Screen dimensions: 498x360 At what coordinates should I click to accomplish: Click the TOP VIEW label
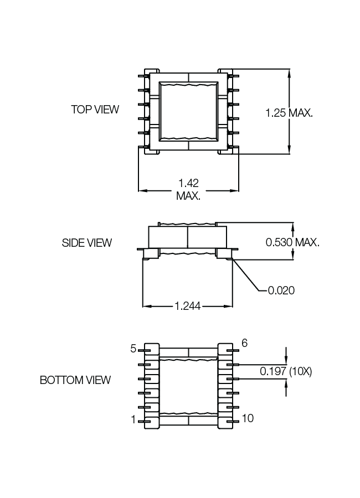click(x=95, y=109)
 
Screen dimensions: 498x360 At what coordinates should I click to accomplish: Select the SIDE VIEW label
click(x=87, y=242)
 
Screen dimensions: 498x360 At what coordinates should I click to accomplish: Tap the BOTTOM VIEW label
click(x=75, y=380)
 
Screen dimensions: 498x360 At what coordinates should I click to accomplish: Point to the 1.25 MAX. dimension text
click(x=289, y=113)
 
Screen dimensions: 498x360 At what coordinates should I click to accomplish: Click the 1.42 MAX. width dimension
click(x=188, y=189)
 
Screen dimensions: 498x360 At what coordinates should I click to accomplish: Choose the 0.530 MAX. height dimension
click(x=292, y=242)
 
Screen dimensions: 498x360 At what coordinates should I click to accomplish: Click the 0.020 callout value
click(x=281, y=290)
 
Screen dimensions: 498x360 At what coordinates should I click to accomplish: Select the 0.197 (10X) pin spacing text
click(x=286, y=372)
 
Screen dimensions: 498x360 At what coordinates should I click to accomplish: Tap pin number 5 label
click(x=133, y=349)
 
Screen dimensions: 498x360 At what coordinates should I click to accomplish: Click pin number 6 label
click(x=244, y=344)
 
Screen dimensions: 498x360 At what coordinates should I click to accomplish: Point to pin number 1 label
click(x=133, y=420)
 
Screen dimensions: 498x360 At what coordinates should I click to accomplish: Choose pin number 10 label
click(x=248, y=418)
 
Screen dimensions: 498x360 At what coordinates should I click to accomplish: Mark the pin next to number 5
click(x=143, y=350)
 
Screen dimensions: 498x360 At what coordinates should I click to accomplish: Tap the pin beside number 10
click(x=234, y=422)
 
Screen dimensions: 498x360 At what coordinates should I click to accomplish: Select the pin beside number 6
click(x=234, y=350)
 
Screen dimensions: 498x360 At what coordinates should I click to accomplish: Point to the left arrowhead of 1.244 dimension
click(x=146, y=305)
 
